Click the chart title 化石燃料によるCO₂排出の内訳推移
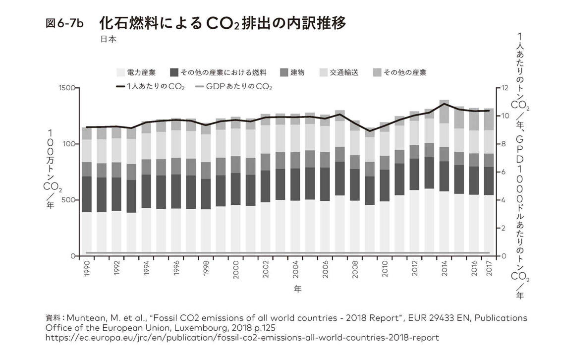click(x=223, y=24)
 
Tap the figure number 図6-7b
click(x=64, y=24)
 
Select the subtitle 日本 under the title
click(x=109, y=39)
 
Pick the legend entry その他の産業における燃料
click(x=219, y=72)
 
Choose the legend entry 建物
click(x=292, y=72)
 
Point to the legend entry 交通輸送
click(x=339, y=72)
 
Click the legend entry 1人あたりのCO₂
click(x=150, y=87)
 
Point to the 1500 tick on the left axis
click(x=66, y=88)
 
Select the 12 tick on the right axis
click(x=505, y=88)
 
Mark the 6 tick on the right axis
click(x=504, y=172)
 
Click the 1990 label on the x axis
click(x=87, y=268)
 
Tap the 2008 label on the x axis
click(x=355, y=268)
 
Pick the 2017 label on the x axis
click(x=489, y=268)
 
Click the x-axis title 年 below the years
click(x=298, y=289)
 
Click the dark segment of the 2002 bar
click(x=266, y=186)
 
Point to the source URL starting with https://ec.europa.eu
click(x=242, y=338)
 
